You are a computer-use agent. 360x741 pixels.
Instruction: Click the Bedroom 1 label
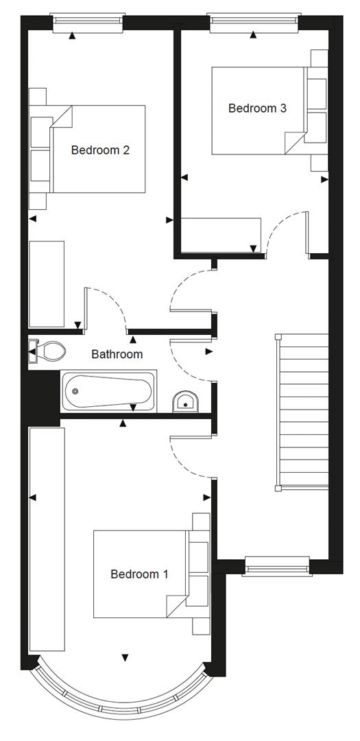pos(139,574)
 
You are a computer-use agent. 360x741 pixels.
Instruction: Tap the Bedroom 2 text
pos(100,150)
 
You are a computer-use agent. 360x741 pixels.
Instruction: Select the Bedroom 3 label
pos(257,108)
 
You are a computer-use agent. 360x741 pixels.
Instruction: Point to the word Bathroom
pos(117,354)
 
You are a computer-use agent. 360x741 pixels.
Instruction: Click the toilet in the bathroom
pos(48,352)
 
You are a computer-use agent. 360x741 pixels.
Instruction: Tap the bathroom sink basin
pos(185,402)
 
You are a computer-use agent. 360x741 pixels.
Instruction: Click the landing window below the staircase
pos(276,567)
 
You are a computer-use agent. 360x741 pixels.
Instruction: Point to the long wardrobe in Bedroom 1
pos(47,539)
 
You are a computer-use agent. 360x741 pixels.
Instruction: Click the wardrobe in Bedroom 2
pos(47,283)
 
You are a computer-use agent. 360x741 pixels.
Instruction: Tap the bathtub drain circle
pos(75,392)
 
